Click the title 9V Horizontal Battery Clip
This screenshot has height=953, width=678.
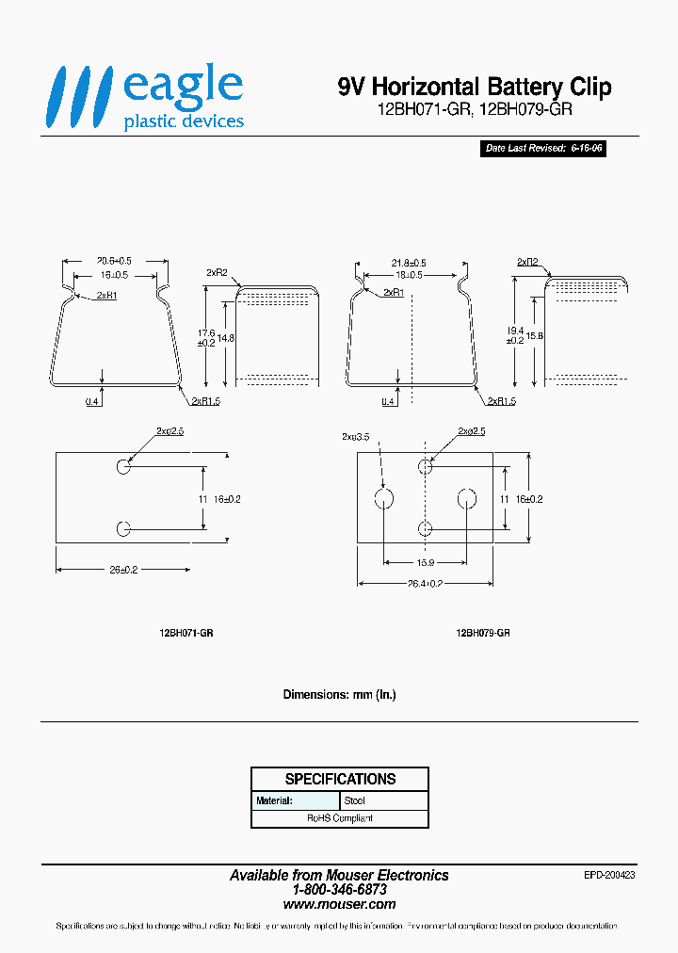pyautogui.click(x=475, y=88)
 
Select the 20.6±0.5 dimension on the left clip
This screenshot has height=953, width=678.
pyautogui.click(x=114, y=261)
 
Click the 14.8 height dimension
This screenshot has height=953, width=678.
pyautogui.click(x=226, y=339)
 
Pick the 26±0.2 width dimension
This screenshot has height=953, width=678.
pyautogui.click(x=122, y=570)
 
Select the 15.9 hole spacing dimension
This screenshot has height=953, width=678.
pyautogui.click(x=425, y=564)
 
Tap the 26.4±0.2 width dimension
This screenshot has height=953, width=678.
pyautogui.click(x=426, y=583)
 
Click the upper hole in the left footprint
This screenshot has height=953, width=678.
pyautogui.click(x=123, y=467)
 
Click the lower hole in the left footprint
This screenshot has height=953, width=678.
pyautogui.click(x=123, y=529)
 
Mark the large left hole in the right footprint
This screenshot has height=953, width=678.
pyautogui.click(x=383, y=498)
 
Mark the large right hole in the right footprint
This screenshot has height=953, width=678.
pyautogui.click(x=466, y=498)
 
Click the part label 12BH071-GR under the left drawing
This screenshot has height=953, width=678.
pyautogui.click(x=186, y=634)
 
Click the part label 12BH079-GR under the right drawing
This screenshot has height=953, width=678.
pyautogui.click(x=483, y=634)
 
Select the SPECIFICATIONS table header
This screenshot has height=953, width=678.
pyautogui.click(x=340, y=779)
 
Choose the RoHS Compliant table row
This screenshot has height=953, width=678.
pyautogui.click(x=340, y=818)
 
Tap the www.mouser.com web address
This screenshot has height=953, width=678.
pyautogui.click(x=339, y=903)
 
